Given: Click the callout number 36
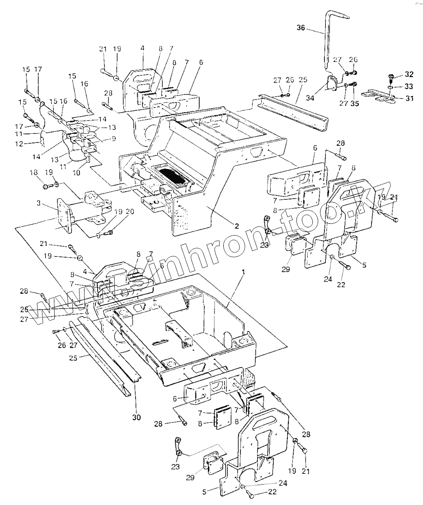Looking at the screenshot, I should tap(301, 28).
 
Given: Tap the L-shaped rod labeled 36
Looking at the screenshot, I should tap(326, 41).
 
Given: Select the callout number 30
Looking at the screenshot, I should tap(136, 417).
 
